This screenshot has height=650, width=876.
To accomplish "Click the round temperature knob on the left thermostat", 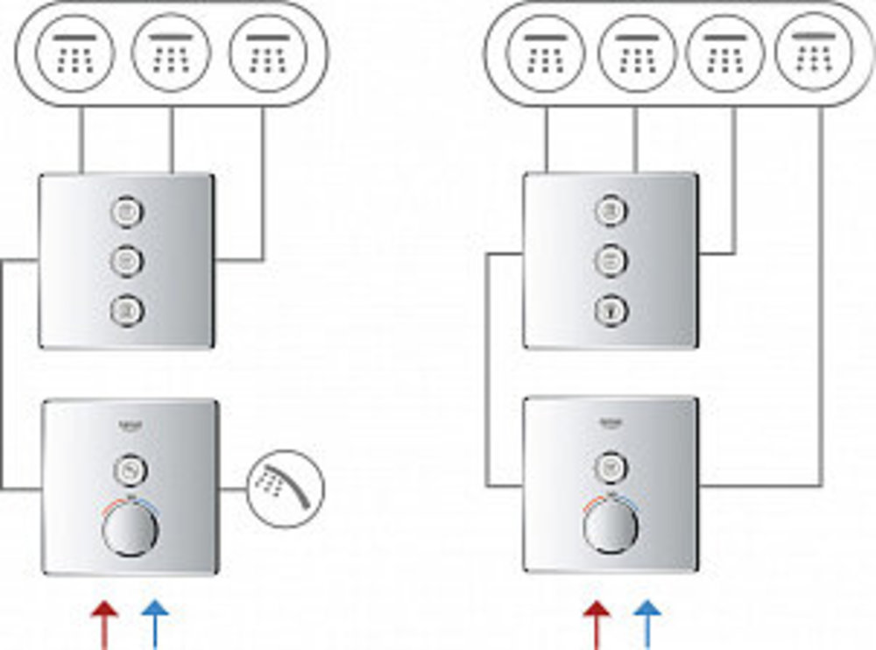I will click(130, 530).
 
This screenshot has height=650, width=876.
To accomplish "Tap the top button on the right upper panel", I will click(611, 211).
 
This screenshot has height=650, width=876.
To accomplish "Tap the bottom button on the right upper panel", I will click(611, 309).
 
